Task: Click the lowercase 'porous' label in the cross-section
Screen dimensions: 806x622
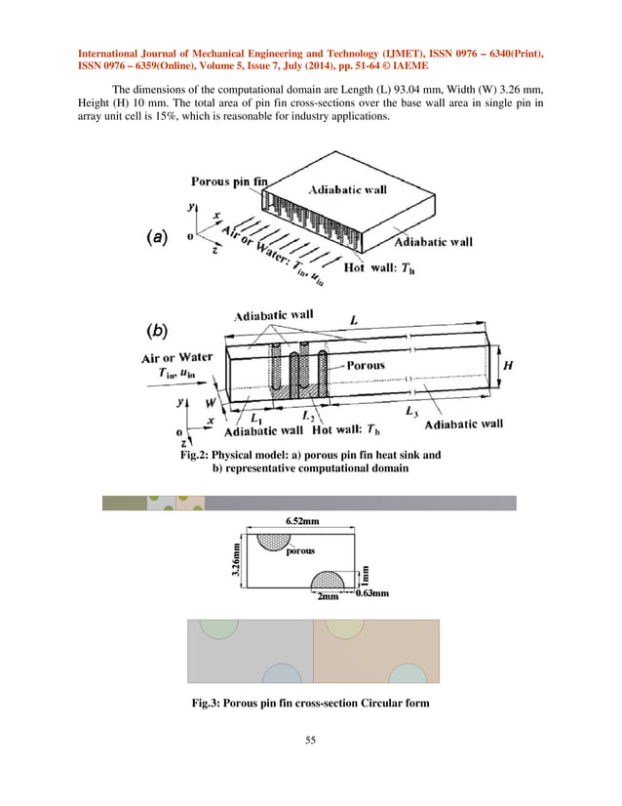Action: click(300, 553)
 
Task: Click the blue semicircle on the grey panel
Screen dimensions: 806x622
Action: click(281, 674)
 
